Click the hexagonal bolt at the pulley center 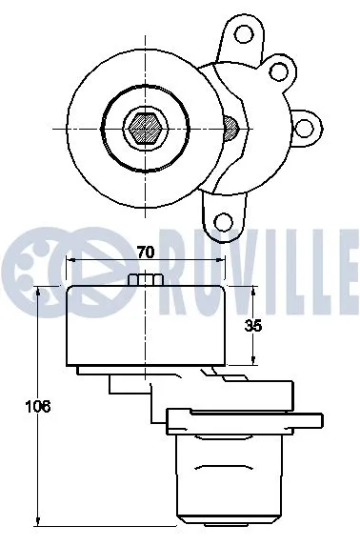point(145,126)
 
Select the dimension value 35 point(252,326)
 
